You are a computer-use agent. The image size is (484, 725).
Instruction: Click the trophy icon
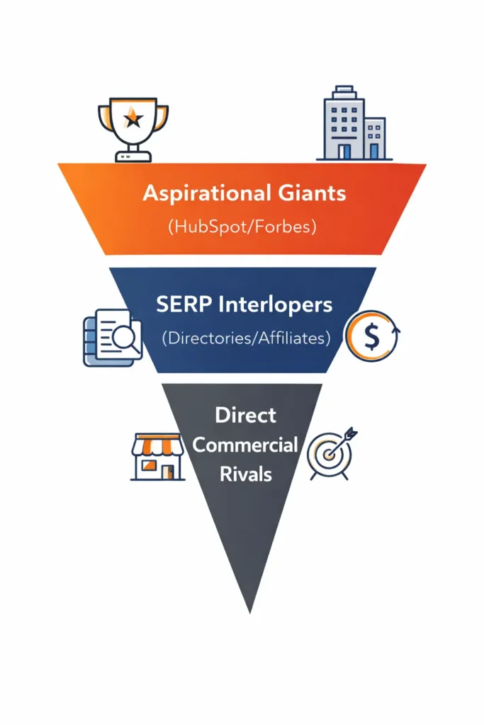pos(134,127)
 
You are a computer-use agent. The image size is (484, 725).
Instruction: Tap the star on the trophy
pos(133,117)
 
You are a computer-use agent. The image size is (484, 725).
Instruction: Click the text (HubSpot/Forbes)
pos(241,228)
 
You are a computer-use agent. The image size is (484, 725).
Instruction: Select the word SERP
pos(179,305)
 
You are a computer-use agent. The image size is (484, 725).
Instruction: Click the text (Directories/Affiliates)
pos(246,338)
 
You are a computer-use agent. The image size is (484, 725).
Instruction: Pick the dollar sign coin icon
pos(371,336)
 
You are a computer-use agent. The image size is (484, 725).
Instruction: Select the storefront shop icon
pos(157,457)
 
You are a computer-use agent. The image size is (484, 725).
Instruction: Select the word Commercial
pos(245,445)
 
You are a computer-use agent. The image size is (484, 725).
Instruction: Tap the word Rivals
pos(244,473)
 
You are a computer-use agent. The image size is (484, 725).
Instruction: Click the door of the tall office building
pos(344,151)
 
